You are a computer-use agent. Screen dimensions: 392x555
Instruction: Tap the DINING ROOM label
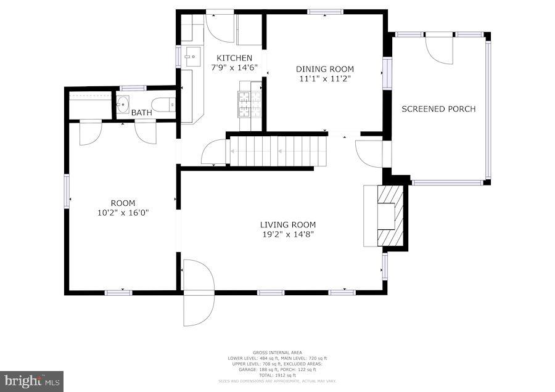(x=325, y=69)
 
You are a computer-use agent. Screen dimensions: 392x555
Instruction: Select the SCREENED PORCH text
(x=438, y=109)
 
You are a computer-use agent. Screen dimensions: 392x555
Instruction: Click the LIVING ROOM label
(x=287, y=225)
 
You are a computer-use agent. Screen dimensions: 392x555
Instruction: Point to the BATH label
(x=141, y=113)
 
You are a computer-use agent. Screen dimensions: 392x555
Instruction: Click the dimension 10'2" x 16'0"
(x=123, y=212)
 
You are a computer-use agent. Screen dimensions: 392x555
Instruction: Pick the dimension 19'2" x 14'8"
(x=287, y=234)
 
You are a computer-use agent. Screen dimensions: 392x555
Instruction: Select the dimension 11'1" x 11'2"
(x=325, y=78)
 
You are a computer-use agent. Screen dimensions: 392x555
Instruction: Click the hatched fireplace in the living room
(x=390, y=216)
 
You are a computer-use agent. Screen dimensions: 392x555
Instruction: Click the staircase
(x=278, y=150)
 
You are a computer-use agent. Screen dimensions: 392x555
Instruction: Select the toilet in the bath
(x=165, y=104)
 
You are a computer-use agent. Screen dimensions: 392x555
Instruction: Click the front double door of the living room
(x=197, y=293)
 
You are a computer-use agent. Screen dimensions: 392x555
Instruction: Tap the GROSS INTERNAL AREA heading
(x=277, y=353)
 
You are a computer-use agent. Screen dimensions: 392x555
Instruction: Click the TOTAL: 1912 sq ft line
(x=277, y=375)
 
